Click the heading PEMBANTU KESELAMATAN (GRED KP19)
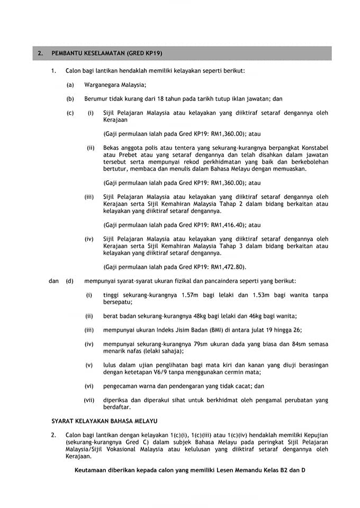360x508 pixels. click(107, 53)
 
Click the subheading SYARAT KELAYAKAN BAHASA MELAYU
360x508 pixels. click(105, 421)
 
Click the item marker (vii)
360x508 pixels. click(89, 400)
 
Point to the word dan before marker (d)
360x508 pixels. click(53, 281)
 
